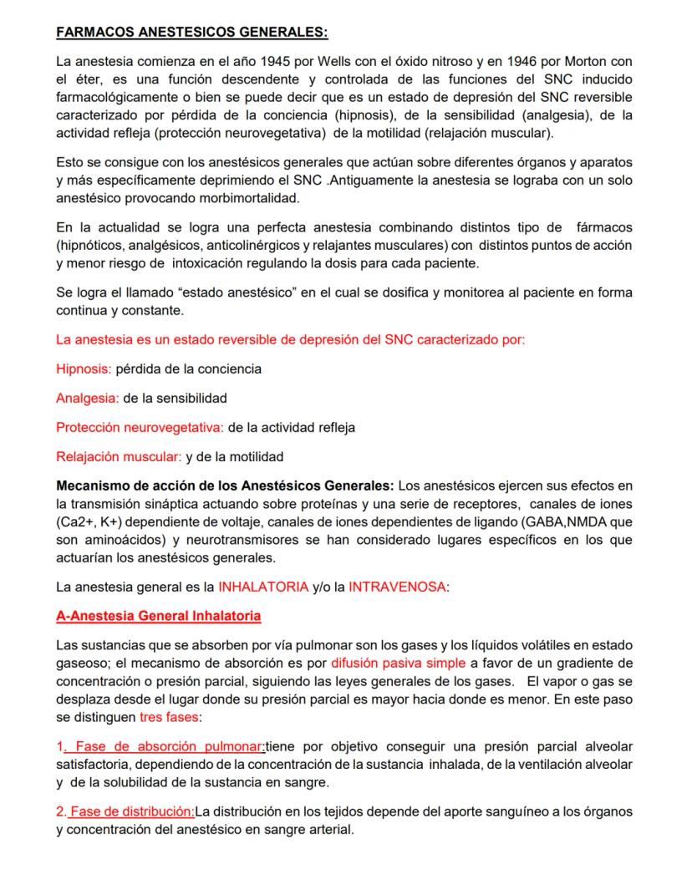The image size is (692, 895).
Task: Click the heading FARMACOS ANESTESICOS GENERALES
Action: (191, 33)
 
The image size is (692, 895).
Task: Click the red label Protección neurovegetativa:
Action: (140, 427)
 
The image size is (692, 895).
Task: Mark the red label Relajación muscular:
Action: (119, 456)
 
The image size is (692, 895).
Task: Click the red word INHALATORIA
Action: (263, 587)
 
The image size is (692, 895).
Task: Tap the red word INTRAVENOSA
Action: (397, 587)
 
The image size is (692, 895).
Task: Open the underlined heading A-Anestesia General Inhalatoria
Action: (158, 616)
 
